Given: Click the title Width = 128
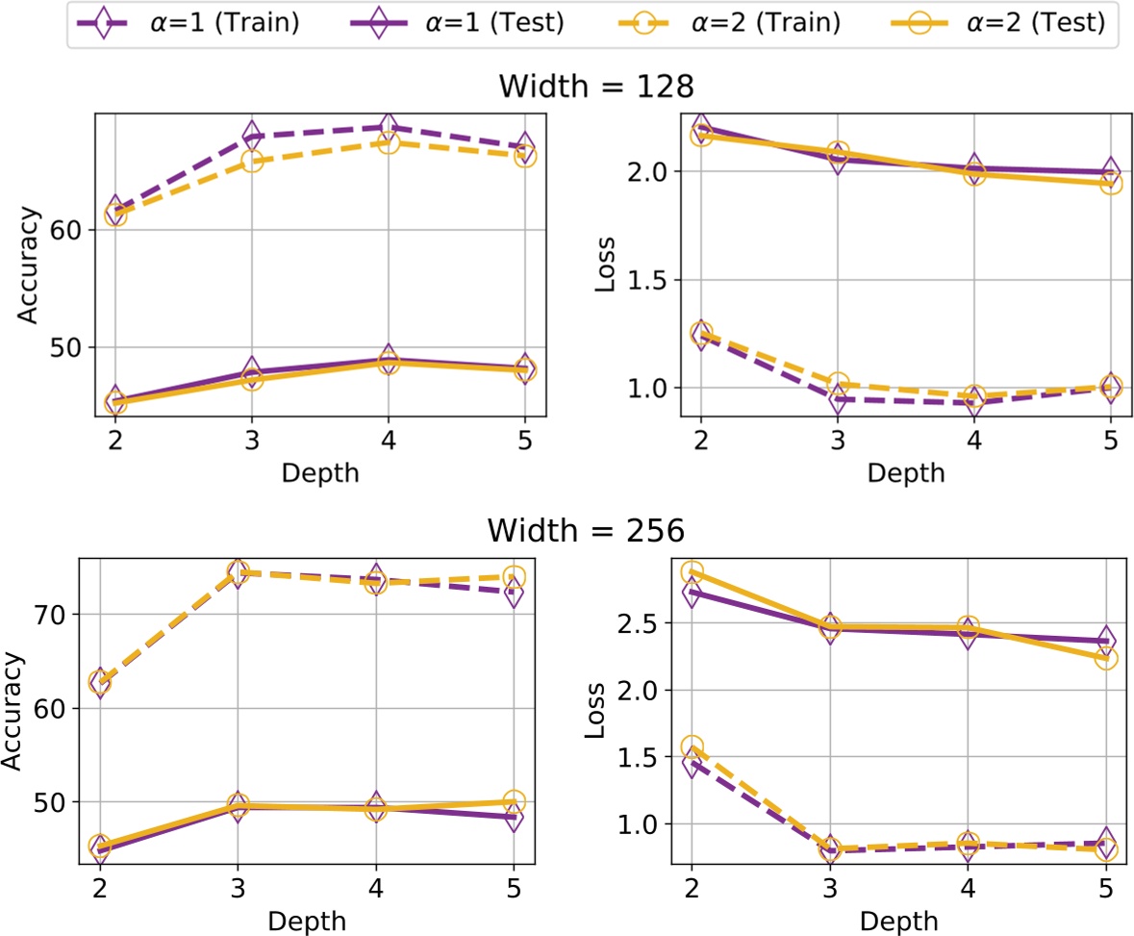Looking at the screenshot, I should pos(595,87).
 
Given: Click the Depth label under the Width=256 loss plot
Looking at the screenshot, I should pos(895,921).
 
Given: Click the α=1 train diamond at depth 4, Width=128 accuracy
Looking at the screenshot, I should pos(388,127).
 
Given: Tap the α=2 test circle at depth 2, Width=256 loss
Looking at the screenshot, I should pos(692,572).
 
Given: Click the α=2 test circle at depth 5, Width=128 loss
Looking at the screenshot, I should pos(1110,183).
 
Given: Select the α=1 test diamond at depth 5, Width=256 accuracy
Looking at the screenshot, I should pos(514,817).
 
